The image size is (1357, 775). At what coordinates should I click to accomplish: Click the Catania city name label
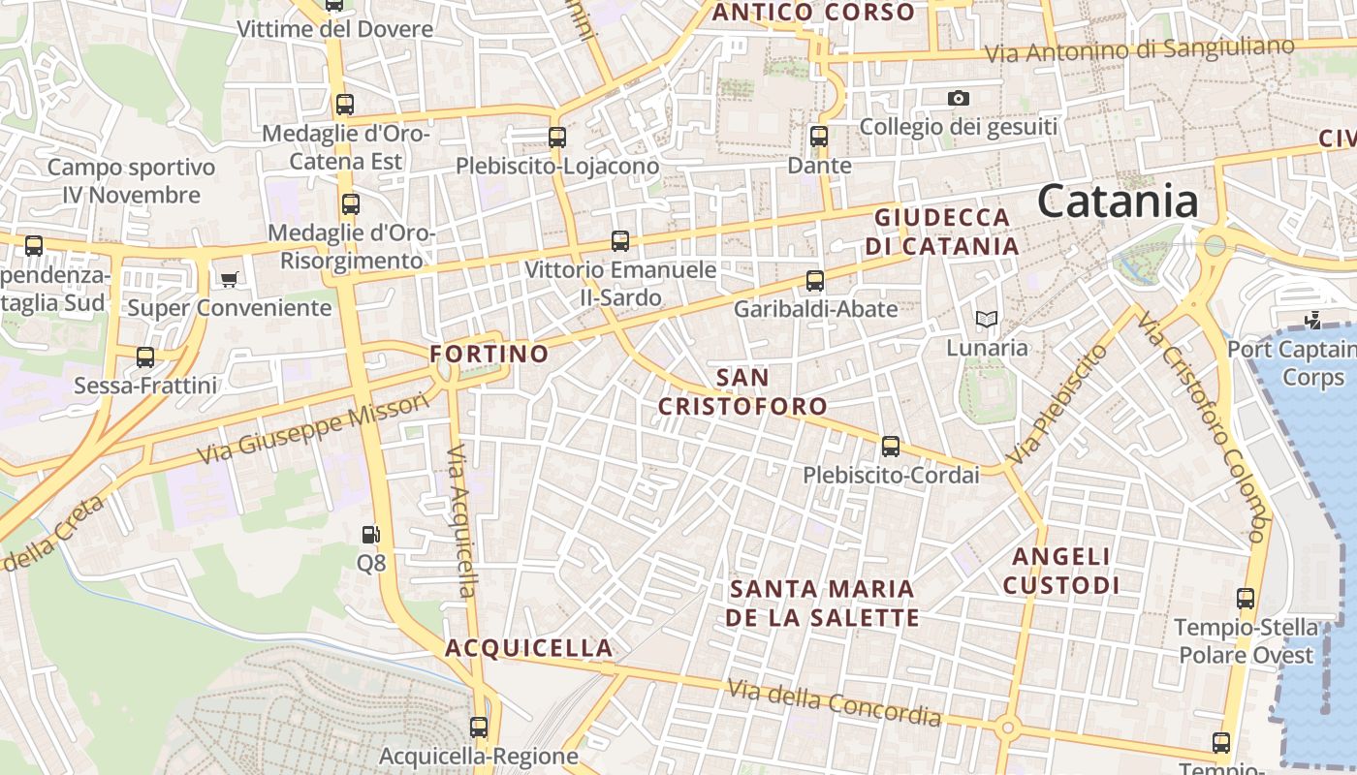[1118, 201]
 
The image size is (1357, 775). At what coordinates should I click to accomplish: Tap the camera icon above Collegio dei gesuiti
[959, 98]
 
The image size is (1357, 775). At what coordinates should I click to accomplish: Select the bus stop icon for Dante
[819, 137]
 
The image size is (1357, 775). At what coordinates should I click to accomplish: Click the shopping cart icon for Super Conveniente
[229, 280]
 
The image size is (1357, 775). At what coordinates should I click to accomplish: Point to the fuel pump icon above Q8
[370, 534]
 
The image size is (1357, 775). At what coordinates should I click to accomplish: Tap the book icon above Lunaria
[986, 319]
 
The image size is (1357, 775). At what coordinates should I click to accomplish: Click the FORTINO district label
[489, 355]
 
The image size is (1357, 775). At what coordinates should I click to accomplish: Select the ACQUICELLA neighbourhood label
[529, 648]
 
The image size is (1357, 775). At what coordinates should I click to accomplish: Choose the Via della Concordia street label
[834, 702]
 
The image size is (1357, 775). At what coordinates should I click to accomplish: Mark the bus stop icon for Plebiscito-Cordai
[890, 447]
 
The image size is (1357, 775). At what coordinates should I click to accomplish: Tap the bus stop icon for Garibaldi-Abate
[815, 281]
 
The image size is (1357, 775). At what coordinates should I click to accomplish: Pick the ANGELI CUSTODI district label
[1061, 571]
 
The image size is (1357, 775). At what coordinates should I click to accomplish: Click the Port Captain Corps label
[1292, 362]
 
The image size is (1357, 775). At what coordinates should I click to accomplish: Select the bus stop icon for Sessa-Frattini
[145, 357]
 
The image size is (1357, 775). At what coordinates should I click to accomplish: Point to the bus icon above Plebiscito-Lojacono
[557, 138]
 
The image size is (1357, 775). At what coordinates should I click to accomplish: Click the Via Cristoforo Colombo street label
[1202, 426]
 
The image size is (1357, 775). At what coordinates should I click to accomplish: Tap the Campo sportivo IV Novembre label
[131, 181]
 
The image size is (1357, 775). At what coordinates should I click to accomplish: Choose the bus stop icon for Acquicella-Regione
[479, 727]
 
